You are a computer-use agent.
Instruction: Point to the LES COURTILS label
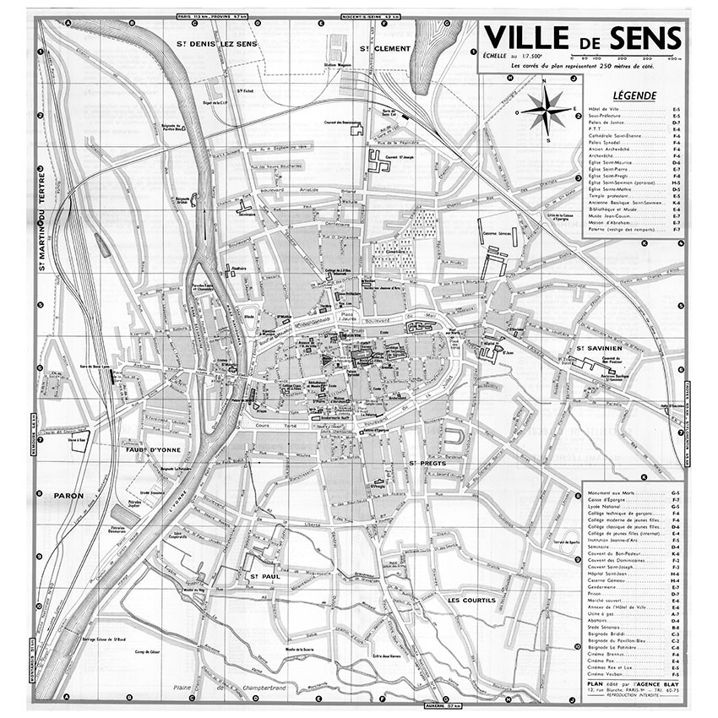pos(471,601)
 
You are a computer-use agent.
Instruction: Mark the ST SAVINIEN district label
pos(599,348)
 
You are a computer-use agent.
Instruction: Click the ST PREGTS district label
pos(422,464)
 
